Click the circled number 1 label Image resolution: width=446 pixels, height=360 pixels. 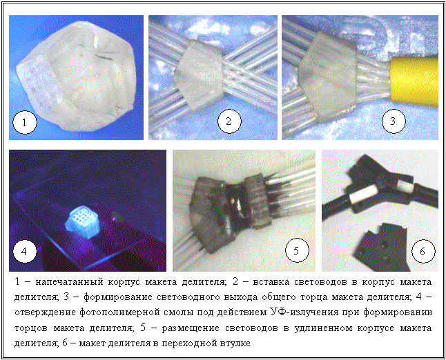click(x=25, y=123)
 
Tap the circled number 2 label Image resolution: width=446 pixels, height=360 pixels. click(x=229, y=121)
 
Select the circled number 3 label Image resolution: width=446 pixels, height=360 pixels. click(x=394, y=121)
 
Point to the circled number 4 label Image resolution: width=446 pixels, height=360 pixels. click(x=25, y=252)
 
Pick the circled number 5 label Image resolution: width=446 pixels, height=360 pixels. click(x=297, y=250)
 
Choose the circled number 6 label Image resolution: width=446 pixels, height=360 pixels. click(x=423, y=251)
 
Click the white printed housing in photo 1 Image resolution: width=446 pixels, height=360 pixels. click(x=75, y=76)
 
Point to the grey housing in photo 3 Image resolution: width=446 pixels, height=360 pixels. click(x=327, y=77)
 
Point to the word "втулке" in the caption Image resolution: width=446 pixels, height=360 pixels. click(x=235, y=343)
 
